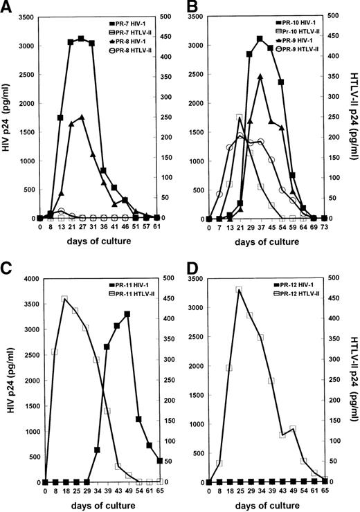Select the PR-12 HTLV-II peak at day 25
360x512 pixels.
(239, 290)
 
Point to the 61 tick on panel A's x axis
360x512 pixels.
(158, 226)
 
